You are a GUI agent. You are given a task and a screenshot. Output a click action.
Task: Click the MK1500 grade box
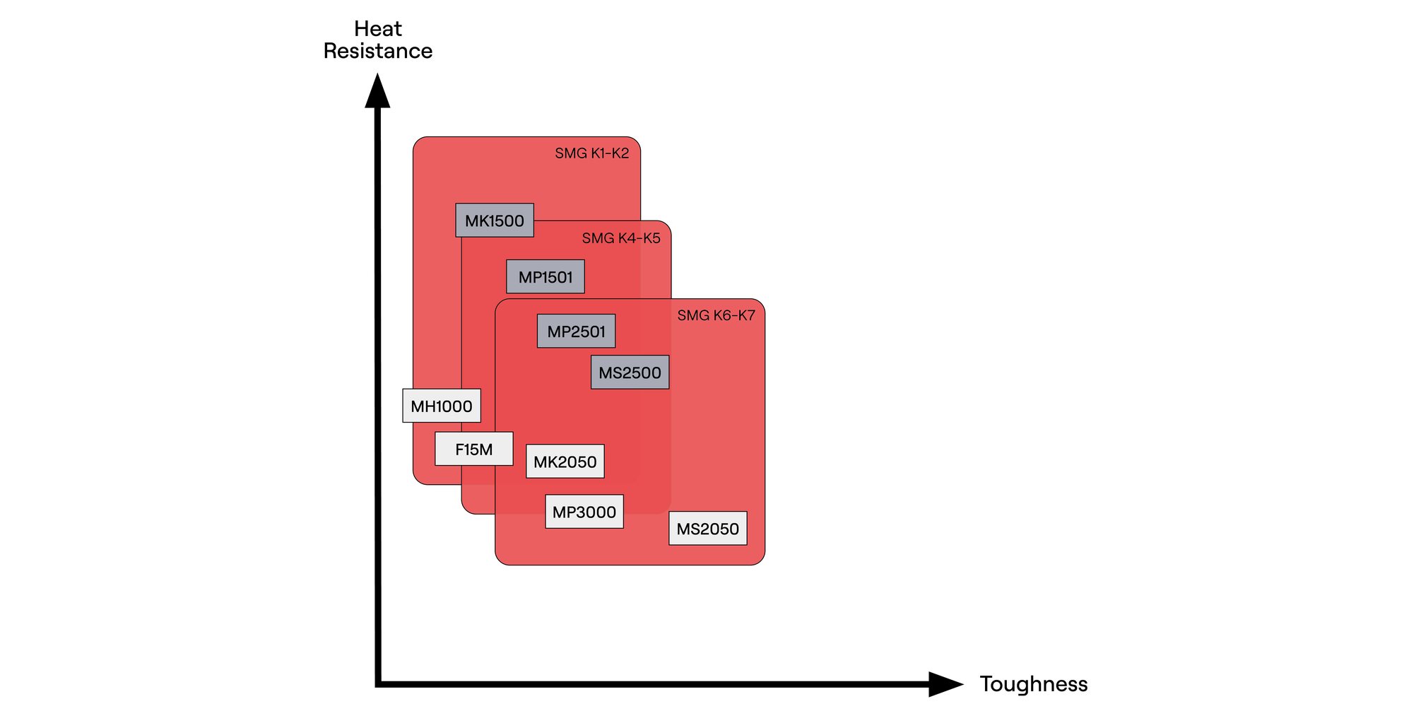tap(495, 221)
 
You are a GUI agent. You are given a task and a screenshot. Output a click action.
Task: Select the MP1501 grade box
tap(546, 276)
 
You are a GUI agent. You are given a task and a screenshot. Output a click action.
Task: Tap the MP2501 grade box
tap(576, 331)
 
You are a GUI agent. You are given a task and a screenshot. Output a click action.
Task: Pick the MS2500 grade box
tap(630, 372)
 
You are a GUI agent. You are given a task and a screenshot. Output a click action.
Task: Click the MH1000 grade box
tap(442, 406)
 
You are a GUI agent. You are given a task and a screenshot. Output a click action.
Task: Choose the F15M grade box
tap(473, 449)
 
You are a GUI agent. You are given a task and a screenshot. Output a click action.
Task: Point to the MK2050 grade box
tap(565, 462)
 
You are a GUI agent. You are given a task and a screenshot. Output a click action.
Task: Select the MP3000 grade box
tap(584, 512)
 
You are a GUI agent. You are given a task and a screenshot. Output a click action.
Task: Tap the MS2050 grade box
tap(707, 529)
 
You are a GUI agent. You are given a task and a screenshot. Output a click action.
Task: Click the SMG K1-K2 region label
tap(591, 153)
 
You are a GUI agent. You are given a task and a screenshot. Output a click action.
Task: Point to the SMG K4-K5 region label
tap(621, 238)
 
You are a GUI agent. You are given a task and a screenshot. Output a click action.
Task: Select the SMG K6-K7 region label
tap(716, 315)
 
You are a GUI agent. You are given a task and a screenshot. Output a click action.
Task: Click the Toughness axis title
tap(1033, 684)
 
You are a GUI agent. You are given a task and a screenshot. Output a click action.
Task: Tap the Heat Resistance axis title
tap(378, 40)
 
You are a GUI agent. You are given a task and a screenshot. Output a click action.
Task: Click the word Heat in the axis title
tap(378, 29)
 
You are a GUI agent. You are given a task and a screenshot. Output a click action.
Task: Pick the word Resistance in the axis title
tap(378, 51)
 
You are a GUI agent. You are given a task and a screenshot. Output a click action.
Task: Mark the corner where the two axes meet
tap(378, 684)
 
